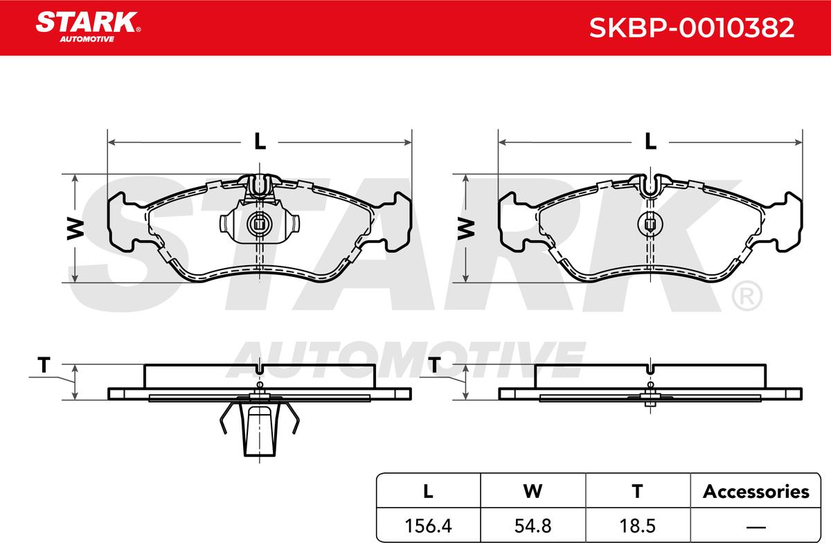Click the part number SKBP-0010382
click(x=692, y=28)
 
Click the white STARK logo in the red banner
click(x=87, y=27)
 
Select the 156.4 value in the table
click(x=428, y=526)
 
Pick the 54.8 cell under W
click(x=533, y=526)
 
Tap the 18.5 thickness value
click(x=637, y=526)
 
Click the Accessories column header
click(x=756, y=492)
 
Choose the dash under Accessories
click(x=756, y=527)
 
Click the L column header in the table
click(x=428, y=492)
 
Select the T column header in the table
click(x=637, y=492)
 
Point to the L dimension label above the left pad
click(x=260, y=141)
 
